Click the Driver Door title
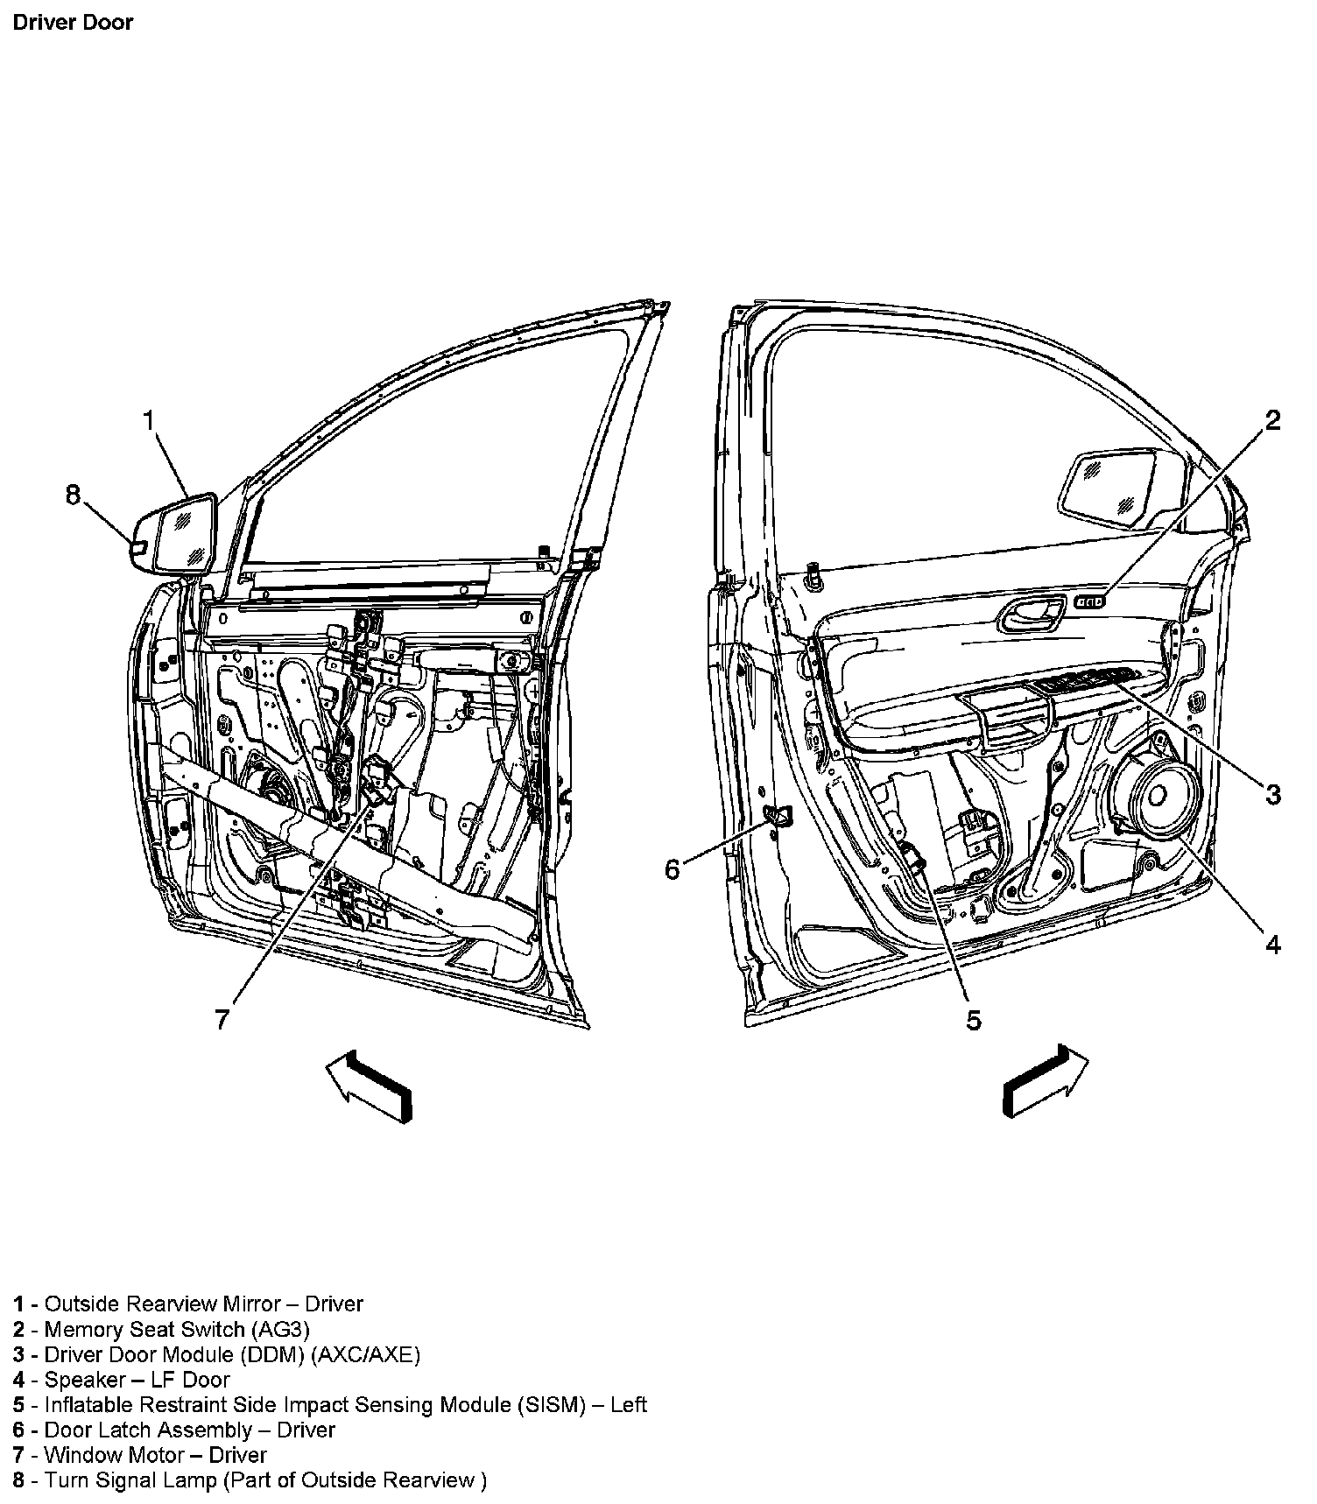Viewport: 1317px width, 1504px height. pos(73,22)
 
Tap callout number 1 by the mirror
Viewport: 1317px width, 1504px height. pos(149,422)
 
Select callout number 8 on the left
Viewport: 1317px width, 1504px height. pos(73,495)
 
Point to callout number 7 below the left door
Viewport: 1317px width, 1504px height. pos(222,1019)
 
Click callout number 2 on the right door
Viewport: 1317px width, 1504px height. pos(1272,421)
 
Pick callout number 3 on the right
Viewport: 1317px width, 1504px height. pos(1272,794)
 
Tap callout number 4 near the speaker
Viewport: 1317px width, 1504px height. pos(1272,945)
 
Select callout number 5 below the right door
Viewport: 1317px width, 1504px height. pos(974,1020)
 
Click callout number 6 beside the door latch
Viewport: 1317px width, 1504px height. pos(673,870)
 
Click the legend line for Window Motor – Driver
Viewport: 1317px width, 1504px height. pos(140,1455)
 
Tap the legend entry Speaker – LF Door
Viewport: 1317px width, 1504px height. pos(122,1380)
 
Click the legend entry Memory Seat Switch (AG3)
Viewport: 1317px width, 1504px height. pos(162,1329)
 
